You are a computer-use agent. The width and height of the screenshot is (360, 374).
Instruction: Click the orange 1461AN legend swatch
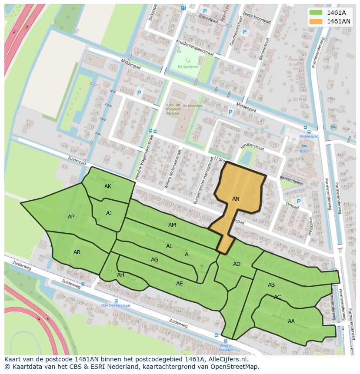point(316,21)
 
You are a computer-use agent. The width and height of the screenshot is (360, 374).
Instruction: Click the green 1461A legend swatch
point(316,12)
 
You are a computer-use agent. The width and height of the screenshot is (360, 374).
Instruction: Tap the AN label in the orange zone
point(236,199)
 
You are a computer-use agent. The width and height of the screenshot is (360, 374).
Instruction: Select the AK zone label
point(108,186)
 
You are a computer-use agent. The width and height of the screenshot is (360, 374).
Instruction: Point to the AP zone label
point(71,216)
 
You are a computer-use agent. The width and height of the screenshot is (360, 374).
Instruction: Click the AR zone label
point(77,252)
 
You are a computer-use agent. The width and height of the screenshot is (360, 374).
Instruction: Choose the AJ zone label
point(109,213)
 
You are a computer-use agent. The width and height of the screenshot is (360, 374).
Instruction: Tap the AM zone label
point(172,225)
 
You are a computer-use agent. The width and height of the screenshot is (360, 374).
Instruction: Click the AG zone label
point(154,260)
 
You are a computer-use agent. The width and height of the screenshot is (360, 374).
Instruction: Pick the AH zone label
point(120,275)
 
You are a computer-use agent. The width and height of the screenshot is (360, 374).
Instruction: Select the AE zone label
point(180,284)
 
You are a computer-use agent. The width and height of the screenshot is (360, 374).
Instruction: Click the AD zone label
point(237,264)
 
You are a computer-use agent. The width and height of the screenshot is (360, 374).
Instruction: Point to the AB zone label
point(271,285)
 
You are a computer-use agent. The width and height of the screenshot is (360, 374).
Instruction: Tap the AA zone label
point(291,321)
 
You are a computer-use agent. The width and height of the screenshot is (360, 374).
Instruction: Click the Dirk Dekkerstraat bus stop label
point(116,305)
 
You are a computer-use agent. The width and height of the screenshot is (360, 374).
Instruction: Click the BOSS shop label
point(304,152)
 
